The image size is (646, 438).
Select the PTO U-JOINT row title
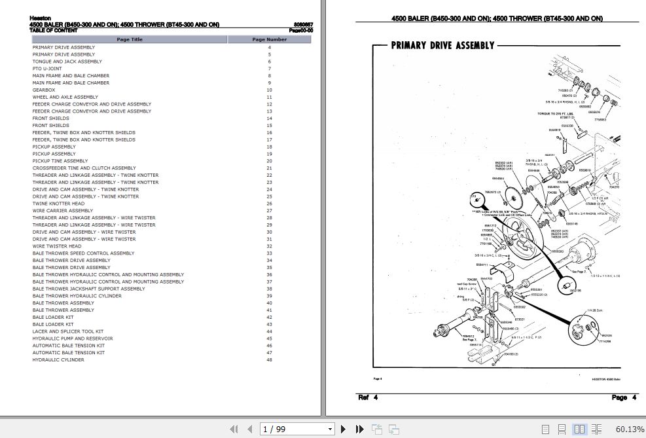47,69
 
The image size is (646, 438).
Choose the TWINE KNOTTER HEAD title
58,204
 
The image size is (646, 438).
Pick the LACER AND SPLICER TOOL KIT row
68,331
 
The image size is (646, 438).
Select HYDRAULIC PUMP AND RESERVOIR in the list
73,338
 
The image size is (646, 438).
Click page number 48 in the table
269,359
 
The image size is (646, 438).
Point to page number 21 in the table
269,168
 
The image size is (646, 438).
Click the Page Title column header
130,39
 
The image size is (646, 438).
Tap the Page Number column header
269,39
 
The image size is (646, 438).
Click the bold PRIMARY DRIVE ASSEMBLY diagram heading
442,45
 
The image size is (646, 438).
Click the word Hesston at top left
40,19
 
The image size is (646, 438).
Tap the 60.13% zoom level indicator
630,429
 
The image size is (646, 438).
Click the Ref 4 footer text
367,397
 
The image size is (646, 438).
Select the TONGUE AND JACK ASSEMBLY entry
67,62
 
